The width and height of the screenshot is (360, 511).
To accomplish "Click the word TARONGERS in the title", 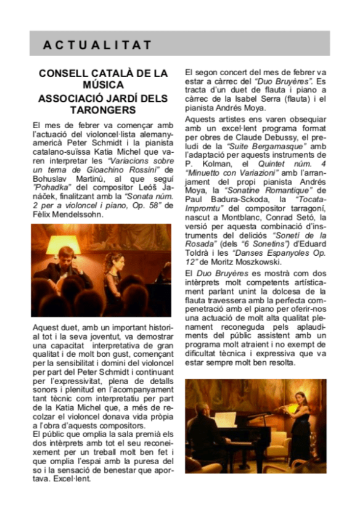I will coord(104,110).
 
